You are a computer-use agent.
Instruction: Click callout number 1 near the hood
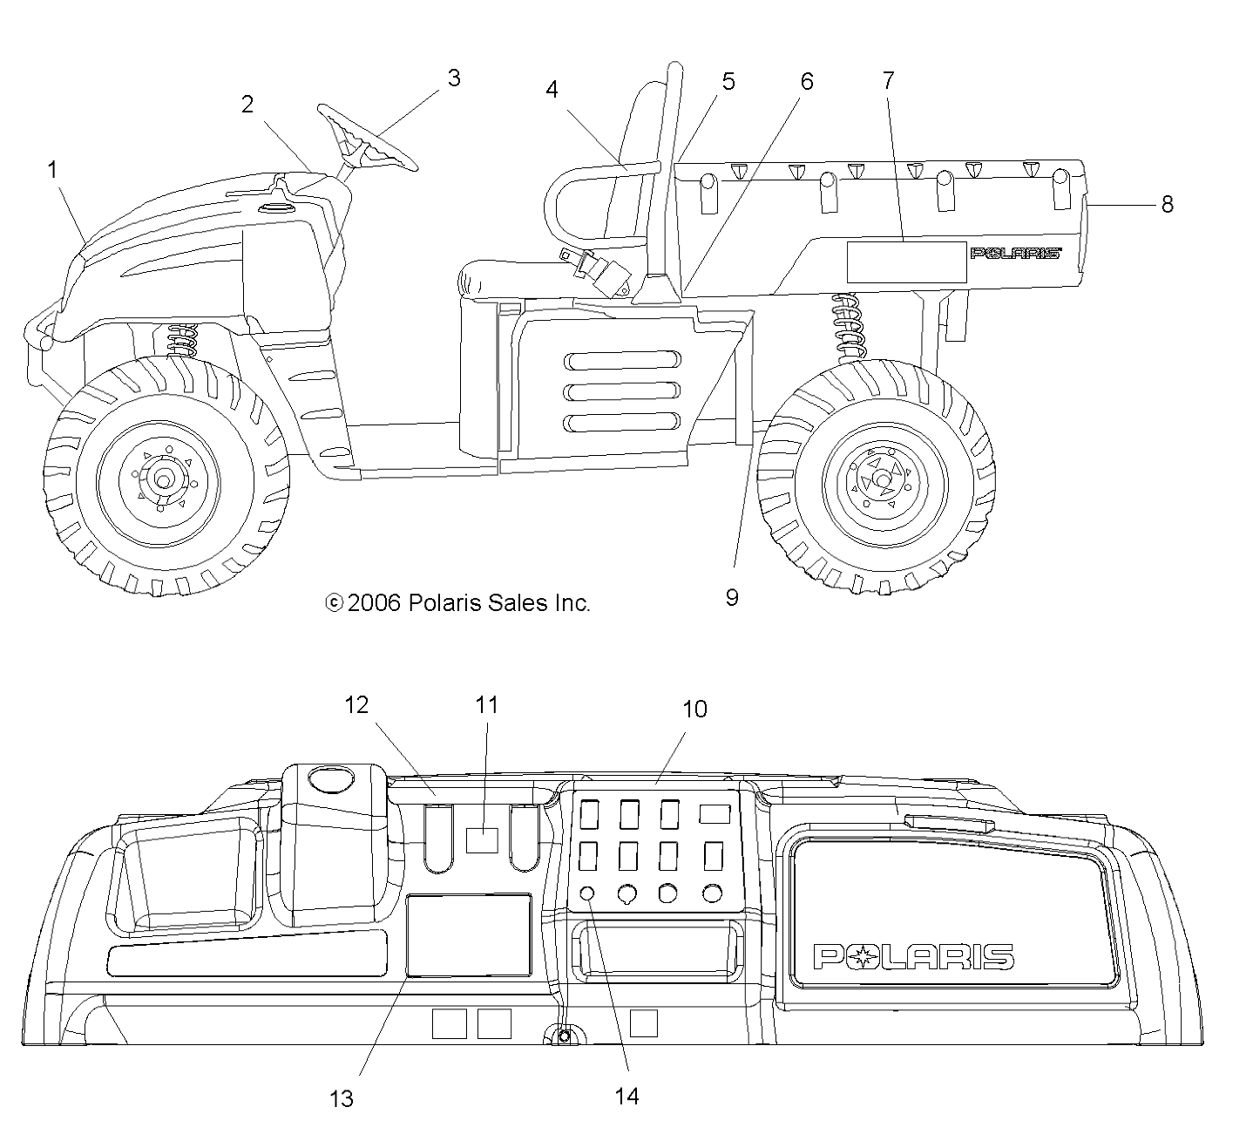[52, 170]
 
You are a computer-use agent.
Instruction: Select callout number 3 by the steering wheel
[453, 78]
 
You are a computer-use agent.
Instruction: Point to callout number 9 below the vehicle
[731, 597]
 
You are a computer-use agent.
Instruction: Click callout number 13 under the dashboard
[342, 1098]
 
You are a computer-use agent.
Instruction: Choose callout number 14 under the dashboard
[626, 1097]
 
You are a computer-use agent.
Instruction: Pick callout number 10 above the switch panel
[694, 709]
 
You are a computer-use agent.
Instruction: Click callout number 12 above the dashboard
[356, 705]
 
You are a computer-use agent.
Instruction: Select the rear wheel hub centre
[883, 481]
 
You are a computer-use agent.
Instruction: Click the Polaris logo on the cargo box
[1015, 253]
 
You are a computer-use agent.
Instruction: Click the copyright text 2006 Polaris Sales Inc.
[457, 602]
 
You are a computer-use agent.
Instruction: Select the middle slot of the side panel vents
[623, 391]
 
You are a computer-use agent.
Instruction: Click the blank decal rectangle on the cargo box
[907, 262]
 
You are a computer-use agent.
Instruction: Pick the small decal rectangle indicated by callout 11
[482, 839]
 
